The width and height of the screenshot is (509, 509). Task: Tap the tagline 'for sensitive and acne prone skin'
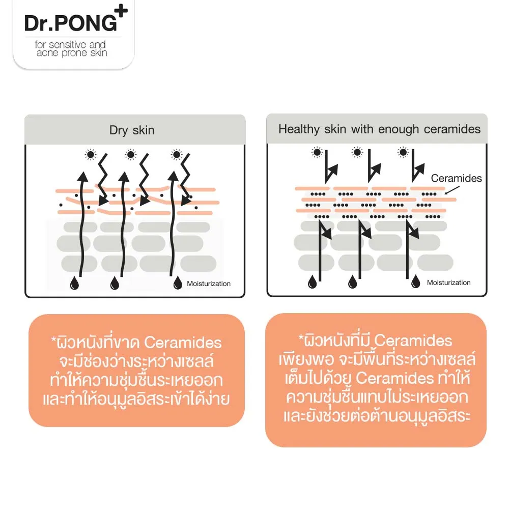72,49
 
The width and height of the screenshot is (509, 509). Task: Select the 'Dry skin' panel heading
132,130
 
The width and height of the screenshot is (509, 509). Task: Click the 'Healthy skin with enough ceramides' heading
379,129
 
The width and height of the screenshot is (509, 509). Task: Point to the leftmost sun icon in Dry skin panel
91,155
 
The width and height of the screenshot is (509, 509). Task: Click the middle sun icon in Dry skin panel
131,155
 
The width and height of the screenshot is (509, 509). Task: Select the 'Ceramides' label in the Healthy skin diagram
456,178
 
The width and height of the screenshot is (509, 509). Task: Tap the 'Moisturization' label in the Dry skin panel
209,284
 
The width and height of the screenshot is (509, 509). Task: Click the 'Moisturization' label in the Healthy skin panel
448,282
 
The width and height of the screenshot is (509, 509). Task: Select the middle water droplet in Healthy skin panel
352,281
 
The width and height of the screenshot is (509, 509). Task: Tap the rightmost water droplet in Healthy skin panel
416,281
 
